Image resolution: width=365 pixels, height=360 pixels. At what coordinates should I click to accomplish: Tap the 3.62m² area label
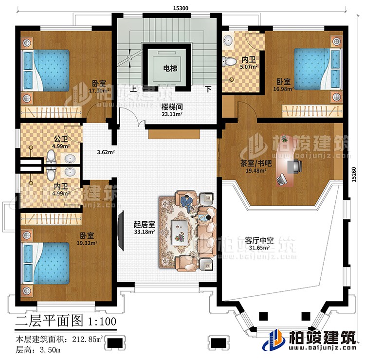pos(106,152)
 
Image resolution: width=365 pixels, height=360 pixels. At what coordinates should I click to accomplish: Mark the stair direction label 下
pos(208,90)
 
